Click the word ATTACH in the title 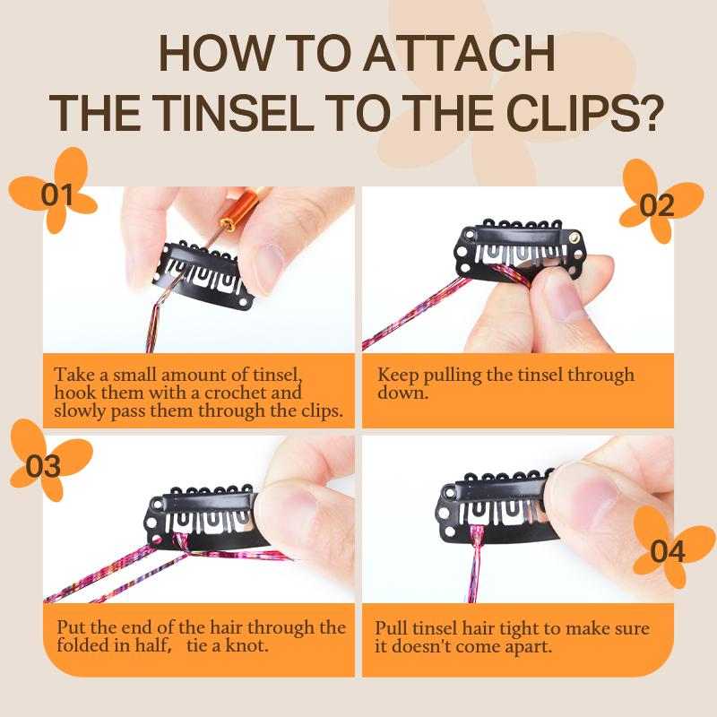click(459, 53)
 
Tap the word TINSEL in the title click(233, 113)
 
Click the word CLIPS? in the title click(585, 113)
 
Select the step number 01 click(56, 194)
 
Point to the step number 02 click(657, 206)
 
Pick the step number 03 click(43, 466)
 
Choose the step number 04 click(668, 551)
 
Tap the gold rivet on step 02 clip click(574, 237)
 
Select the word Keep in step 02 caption click(398, 376)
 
